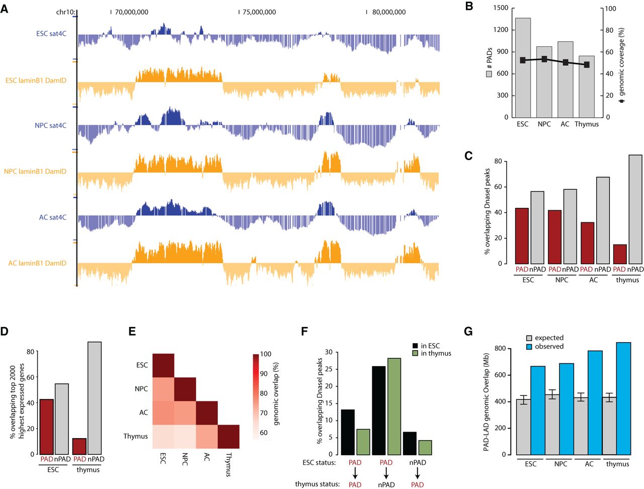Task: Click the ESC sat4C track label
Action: pyautogui.click(x=51, y=34)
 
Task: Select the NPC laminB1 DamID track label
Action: pyautogui.click(x=35, y=172)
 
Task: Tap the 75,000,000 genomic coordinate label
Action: pyautogui.click(x=259, y=12)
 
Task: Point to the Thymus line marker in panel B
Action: pyautogui.click(x=587, y=65)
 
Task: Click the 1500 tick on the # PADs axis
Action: pyautogui.click(x=501, y=8)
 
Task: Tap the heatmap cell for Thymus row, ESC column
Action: pyautogui.click(x=163, y=436)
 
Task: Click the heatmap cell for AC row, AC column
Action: pyautogui.click(x=206, y=413)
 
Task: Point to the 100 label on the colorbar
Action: pyautogui.click(x=266, y=354)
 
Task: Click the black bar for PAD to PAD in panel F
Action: pyautogui.click(x=348, y=432)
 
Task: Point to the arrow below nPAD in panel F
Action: pyautogui.click(x=418, y=473)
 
